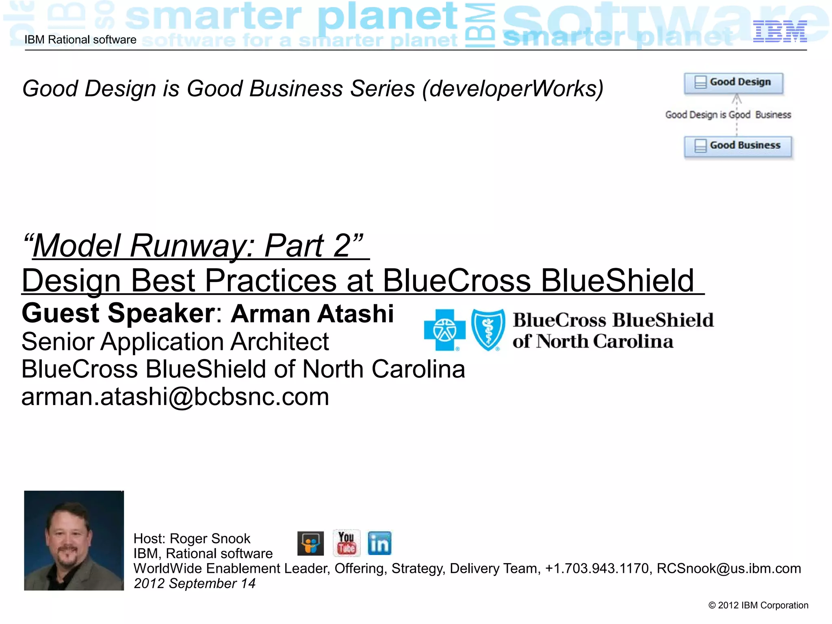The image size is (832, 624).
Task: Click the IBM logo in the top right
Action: click(x=780, y=31)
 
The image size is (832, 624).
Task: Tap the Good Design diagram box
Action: click(x=733, y=83)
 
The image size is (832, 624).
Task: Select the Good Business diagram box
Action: click(x=738, y=146)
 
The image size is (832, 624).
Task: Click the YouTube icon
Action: click(x=346, y=543)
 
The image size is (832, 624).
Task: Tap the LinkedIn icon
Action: click(x=379, y=544)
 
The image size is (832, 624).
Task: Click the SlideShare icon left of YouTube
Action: click(x=310, y=544)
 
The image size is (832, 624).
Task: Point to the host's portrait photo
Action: click(x=74, y=540)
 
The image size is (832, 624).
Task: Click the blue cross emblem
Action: click(x=444, y=330)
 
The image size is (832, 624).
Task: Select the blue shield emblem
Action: click(x=488, y=330)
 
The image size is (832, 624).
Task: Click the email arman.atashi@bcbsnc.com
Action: click(x=175, y=397)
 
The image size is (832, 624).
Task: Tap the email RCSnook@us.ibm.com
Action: click(x=729, y=568)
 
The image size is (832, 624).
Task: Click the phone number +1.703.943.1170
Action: click(x=597, y=568)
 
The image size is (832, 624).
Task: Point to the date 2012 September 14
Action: click(x=195, y=583)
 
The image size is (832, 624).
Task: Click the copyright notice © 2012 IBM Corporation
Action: click(x=758, y=605)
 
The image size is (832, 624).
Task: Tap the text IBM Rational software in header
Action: click(x=80, y=40)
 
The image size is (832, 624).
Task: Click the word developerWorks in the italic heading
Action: click(x=513, y=89)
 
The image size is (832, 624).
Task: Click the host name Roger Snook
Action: click(x=210, y=539)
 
